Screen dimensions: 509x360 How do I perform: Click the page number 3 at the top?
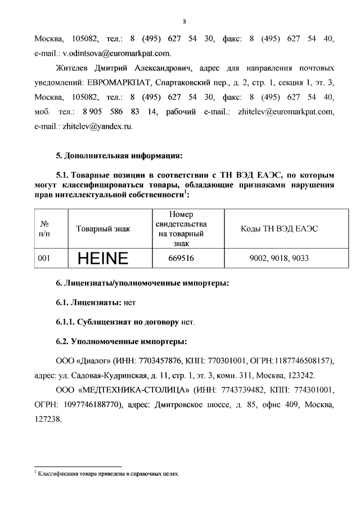point(184,21)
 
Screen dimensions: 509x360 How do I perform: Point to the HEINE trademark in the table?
point(103,259)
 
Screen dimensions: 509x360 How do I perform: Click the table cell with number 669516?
point(179,259)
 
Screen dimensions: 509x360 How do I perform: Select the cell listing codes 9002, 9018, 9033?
point(280,259)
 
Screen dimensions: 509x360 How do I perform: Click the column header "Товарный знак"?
point(103,229)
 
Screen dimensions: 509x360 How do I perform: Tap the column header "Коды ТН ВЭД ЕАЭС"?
point(280,229)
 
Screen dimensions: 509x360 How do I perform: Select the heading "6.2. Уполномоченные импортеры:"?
point(121,341)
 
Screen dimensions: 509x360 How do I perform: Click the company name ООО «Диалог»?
point(85,360)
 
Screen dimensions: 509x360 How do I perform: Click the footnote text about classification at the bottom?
point(107,474)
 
